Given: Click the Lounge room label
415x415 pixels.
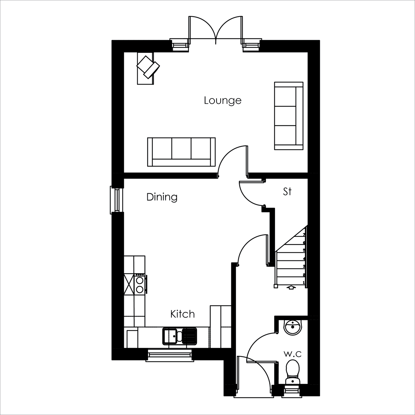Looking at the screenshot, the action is [223, 101].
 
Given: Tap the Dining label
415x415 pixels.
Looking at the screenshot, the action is [162, 197].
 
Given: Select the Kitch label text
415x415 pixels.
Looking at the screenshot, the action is [183, 314].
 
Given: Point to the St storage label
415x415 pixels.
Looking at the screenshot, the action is [287, 191].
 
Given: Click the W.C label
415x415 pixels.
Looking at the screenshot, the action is [293, 354].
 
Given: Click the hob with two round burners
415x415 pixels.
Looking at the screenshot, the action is [140, 284].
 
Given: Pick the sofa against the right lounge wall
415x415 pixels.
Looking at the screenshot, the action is [289, 116].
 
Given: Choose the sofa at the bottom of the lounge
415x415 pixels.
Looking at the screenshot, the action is [181, 152].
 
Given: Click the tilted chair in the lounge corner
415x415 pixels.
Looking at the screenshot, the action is [148, 67].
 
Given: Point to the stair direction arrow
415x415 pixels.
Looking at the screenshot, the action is [291, 287].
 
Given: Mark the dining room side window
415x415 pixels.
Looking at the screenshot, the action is [117, 200].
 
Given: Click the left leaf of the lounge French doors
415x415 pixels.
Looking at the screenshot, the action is [202, 28].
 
